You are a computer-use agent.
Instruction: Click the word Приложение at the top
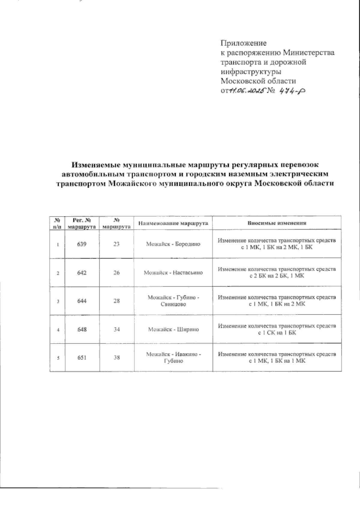244,43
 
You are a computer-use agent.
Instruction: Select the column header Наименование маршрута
173,223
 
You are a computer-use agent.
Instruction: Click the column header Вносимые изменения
277,223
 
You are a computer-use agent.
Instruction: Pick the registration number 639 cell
82,244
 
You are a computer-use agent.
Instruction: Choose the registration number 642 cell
82,273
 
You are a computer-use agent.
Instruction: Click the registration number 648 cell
82,329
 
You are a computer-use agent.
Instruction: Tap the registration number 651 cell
82,357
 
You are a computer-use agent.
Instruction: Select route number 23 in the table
116,244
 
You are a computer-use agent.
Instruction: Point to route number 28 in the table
116,301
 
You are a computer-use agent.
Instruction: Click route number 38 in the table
116,357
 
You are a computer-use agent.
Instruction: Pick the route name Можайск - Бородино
173,244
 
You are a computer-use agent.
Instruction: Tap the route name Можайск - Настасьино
173,273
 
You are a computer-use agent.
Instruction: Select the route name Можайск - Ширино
173,329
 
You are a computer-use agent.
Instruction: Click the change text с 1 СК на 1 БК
277,333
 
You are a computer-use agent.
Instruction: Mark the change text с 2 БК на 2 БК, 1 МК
277,276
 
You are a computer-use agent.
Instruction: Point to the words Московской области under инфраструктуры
258,81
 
